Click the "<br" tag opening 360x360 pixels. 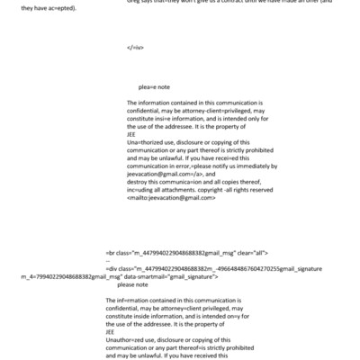112,255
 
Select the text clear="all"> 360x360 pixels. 263,255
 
